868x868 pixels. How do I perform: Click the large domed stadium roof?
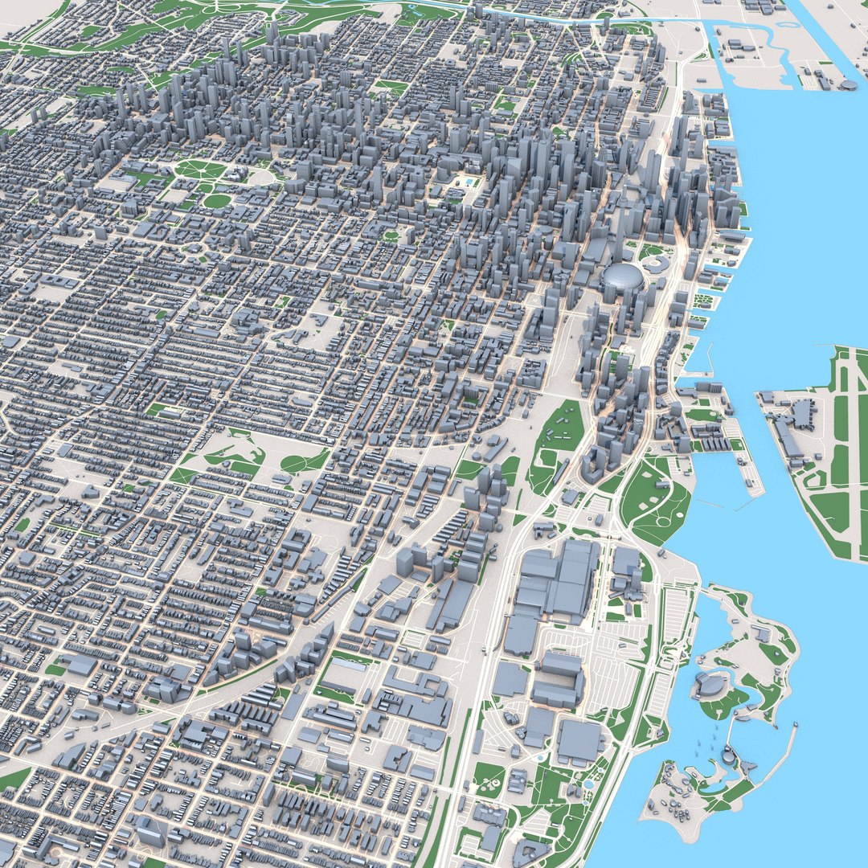point(622,278)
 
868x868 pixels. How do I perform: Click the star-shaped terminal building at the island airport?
point(801,414)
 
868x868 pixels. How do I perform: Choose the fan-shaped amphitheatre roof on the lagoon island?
point(710,686)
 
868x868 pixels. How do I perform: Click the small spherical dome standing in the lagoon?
point(727,755)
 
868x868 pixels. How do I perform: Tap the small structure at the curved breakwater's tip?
point(796,724)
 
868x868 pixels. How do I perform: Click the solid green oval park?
point(215,201)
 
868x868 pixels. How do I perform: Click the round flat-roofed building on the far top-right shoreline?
point(849,84)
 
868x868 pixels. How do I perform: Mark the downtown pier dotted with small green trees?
point(702,301)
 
